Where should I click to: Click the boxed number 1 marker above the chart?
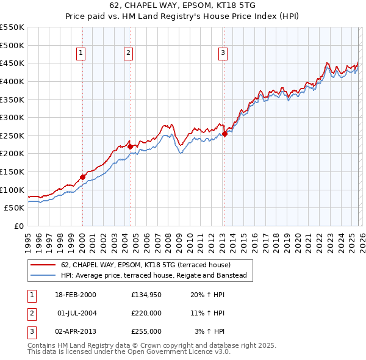pos(81,54)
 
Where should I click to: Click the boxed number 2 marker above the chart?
pos(129,54)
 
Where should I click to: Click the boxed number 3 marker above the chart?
pos(223,54)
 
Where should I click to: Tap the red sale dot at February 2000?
pos(82,177)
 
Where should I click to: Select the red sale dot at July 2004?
pos(130,146)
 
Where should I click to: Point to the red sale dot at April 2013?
pos(224,134)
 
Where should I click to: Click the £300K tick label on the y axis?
pos(12,117)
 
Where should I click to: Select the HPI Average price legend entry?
pos(153,276)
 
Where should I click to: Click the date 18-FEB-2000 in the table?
pos(76,294)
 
